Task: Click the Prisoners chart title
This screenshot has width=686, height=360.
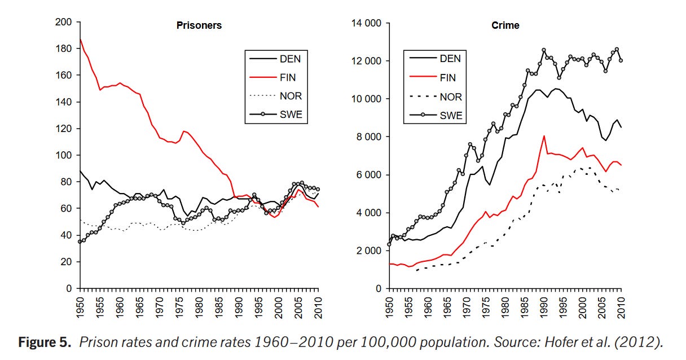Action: tap(199, 25)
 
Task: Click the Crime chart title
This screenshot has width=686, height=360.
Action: tap(505, 25)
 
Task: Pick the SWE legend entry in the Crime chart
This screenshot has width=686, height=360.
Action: tap(450, 115)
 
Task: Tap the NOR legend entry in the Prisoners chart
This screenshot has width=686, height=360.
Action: tap(291, 96)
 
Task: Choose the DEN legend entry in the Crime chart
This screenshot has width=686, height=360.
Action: tap(450, 58)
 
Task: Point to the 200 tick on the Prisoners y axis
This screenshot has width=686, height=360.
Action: tap(64, 23)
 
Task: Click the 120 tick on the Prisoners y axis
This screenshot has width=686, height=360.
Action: tap(64, 129)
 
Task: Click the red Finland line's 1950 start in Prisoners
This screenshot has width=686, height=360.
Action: tap(81, 39)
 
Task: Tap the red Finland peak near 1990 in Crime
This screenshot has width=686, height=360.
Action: tap(544, 136)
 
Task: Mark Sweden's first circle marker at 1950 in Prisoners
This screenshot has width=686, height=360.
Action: tap(80, 242)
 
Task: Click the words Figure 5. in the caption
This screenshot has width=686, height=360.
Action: tap(46, 343)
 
